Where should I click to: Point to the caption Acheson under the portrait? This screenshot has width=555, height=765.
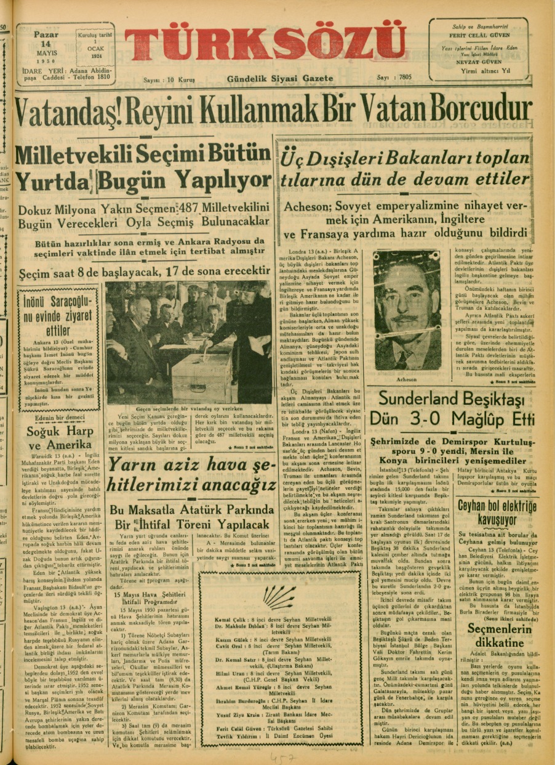point(407,379)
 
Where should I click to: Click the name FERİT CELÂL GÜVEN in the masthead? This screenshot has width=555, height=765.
point(478,36)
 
